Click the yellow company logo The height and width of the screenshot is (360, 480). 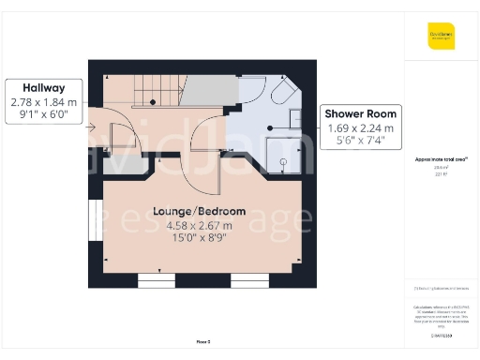point(441,36)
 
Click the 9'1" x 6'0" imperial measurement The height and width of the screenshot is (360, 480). point(44,115)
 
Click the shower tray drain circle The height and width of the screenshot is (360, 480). point(270,127)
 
